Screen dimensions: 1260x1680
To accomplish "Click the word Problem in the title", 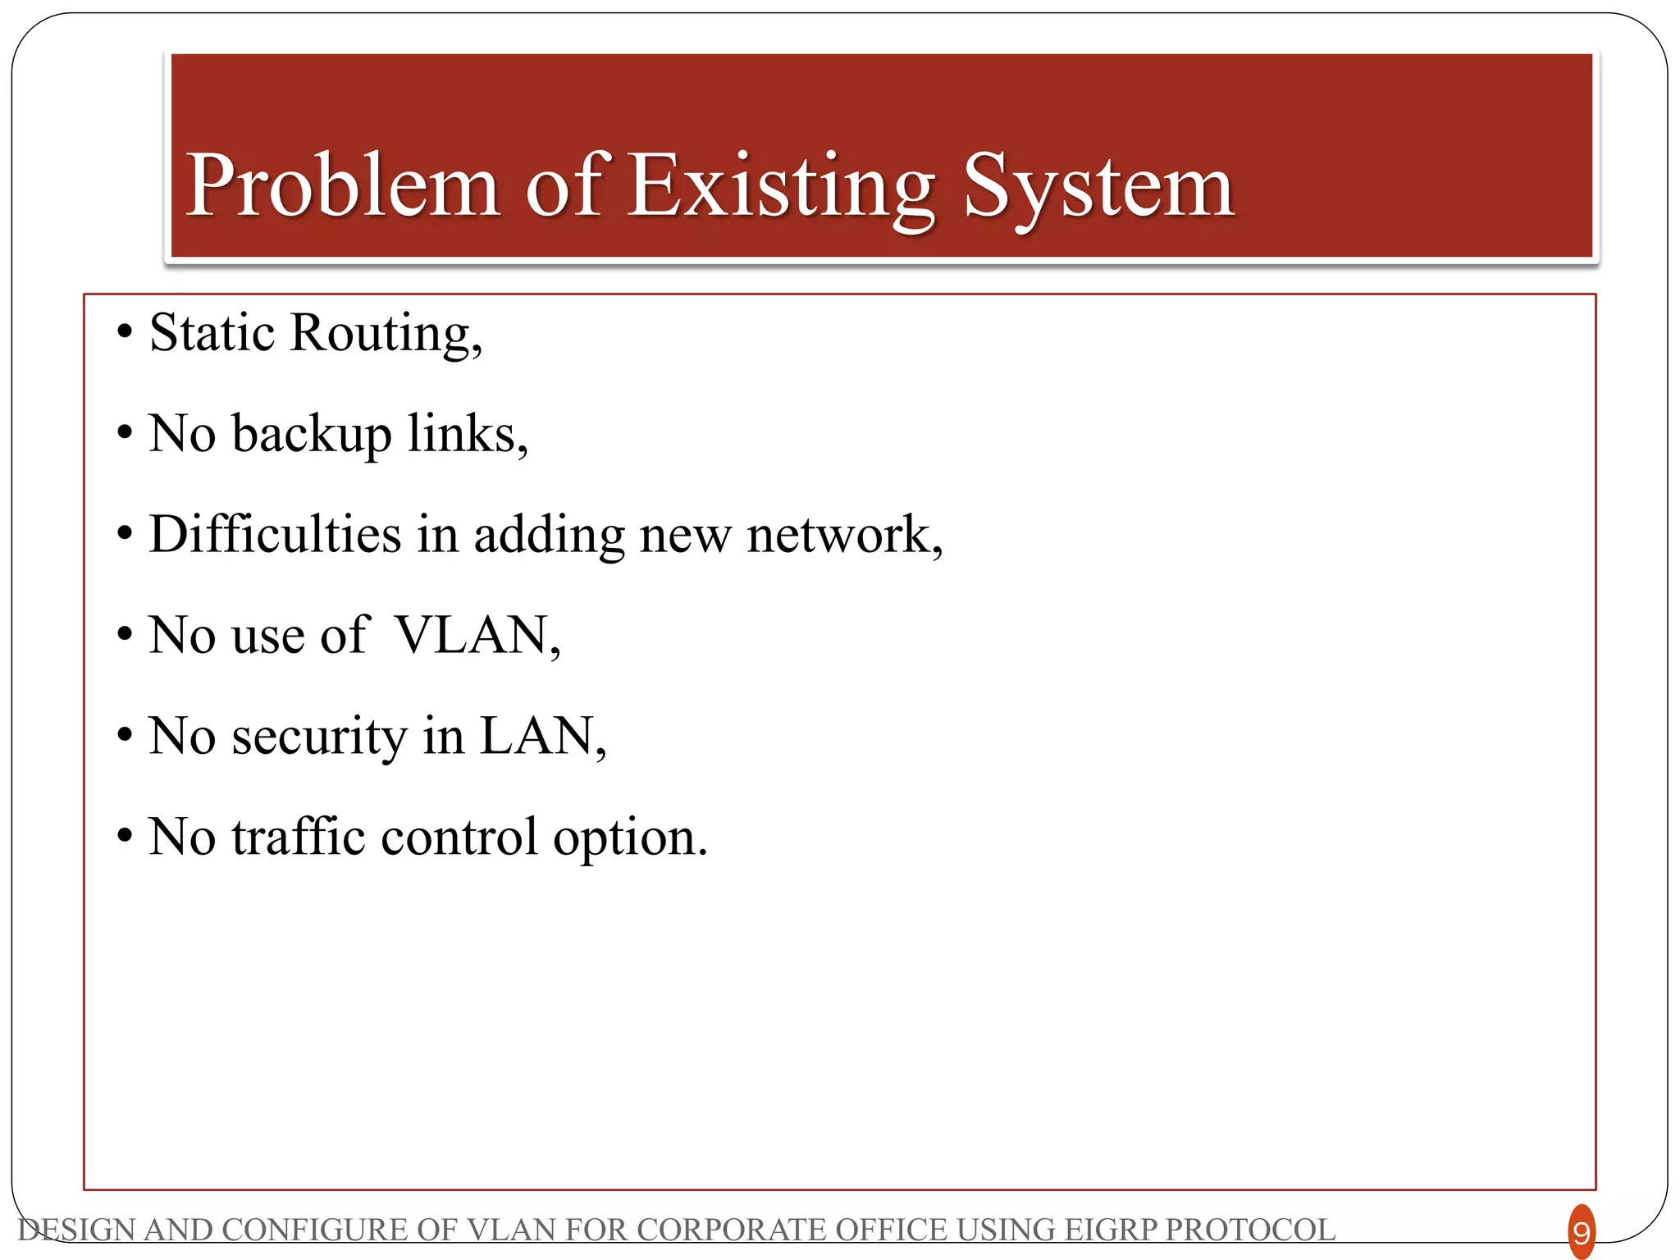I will coord(343,187).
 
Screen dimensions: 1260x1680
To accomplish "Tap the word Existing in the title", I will coord(782,187).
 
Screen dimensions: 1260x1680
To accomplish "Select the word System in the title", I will coord(1099,187).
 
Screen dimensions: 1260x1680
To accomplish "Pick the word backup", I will coord(312,435).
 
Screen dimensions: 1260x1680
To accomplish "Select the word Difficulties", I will coord(276,535).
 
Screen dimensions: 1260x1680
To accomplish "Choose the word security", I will coord(319,737).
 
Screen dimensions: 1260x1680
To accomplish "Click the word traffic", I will coord(299,838).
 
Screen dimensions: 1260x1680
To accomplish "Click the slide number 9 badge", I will coord(1581,1232).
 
